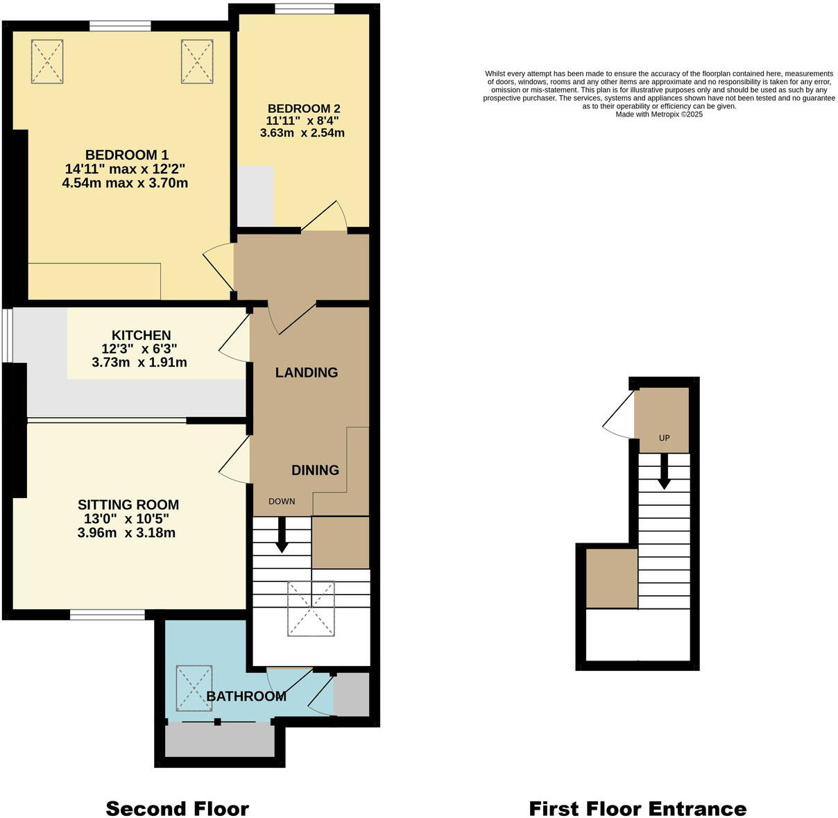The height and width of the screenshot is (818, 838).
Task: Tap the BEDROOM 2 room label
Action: click(x=304, y=108)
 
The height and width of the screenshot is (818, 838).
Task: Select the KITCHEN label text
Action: click(x=141, y=335)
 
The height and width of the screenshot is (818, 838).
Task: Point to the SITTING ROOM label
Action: click(x=128, y=505)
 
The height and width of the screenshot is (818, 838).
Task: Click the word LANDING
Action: click(x=307, y=373)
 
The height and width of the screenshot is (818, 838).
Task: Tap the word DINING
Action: click(x=315, y=470)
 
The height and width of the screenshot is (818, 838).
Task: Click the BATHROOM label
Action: click(x=246, y=696)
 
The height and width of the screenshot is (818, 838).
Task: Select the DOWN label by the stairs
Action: click(x=282, y=501)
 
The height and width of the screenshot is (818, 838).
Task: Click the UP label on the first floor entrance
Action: click(x=664, y=438)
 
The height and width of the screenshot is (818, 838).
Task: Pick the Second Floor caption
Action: click(x=177, y=808)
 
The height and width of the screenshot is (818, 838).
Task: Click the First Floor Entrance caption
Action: click(x=638, y=808)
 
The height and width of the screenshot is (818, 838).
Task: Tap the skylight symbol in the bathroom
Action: click(x=194, y=688)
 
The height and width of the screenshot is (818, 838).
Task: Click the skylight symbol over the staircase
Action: click(x=311, y=608)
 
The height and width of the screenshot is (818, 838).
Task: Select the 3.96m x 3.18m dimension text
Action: click(x=126, y=534)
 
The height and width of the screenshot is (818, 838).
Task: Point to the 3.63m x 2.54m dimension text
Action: click(x=302, y=133)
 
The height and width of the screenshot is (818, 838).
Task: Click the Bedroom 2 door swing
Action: click(x=326, y=216)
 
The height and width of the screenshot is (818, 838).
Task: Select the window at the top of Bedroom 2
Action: click(x=305, y=9)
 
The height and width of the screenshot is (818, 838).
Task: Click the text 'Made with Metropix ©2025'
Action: click(x=659, y=114)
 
